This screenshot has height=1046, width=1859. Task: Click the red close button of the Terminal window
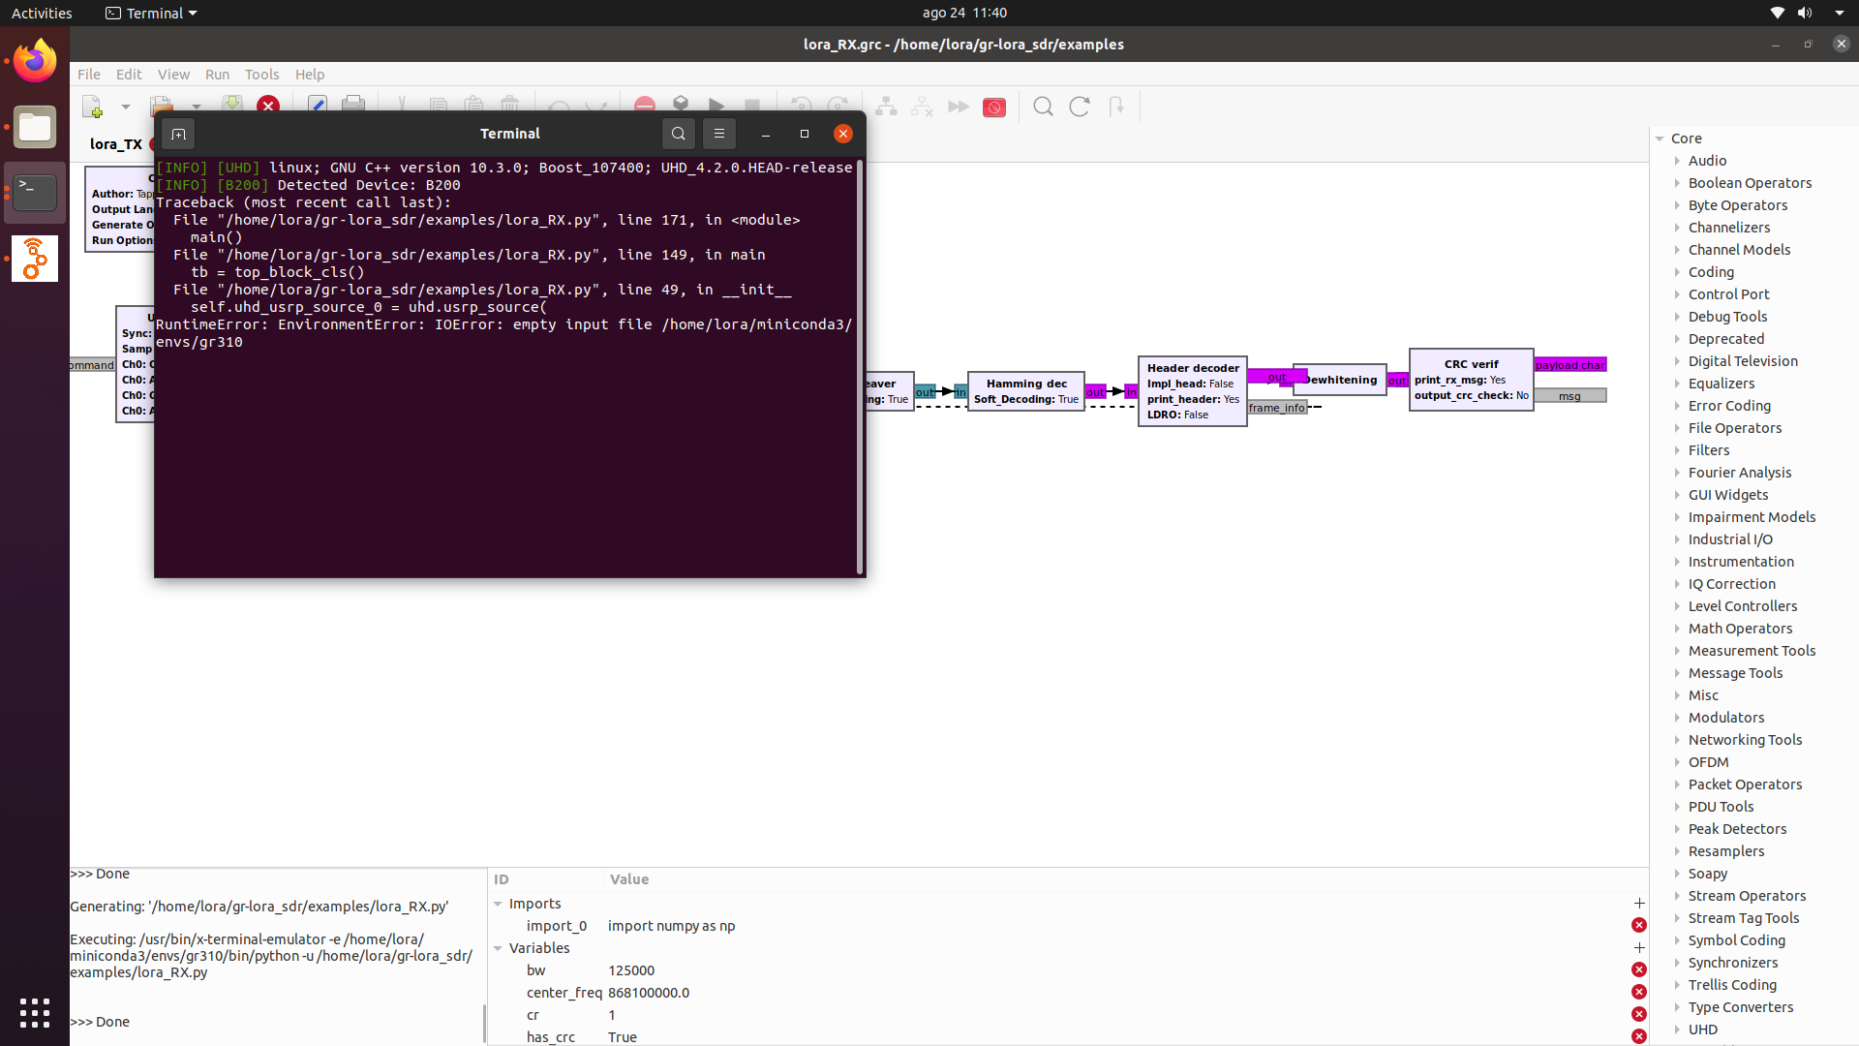[x=843, y=134]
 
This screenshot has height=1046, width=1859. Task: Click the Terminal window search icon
[x=679, y=134]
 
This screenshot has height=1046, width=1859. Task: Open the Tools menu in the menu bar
[x=261, y=75]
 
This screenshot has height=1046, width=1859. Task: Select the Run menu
[x=217, y=75]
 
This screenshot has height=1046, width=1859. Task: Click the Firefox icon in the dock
[x=35, y=61]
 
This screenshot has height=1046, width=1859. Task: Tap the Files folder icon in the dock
[x=35, y=127]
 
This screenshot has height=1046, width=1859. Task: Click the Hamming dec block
[x=1026, y=391]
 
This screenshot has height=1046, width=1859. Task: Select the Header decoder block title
[x=1193, y=368]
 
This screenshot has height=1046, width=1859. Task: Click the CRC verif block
[x=1471, y=380]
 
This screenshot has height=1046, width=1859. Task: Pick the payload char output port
[x=1569, y=365]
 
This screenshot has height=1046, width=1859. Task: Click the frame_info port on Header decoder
[x=1276, y=408]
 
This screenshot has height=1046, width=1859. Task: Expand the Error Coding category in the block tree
[x=1729, y=406]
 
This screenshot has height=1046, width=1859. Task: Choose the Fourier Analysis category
[x=1740, y=473]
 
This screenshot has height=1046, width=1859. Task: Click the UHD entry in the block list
[x=1703, y=1030]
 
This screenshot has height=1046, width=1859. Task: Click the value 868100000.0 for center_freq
[x=649, y=993]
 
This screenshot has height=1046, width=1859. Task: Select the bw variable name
[x=536, y=970]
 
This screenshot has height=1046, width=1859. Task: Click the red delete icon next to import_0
[x=1638, y=926]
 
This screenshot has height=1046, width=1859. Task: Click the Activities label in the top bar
[x=42, y=13]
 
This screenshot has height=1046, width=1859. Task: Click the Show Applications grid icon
[x=35, y=1013]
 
